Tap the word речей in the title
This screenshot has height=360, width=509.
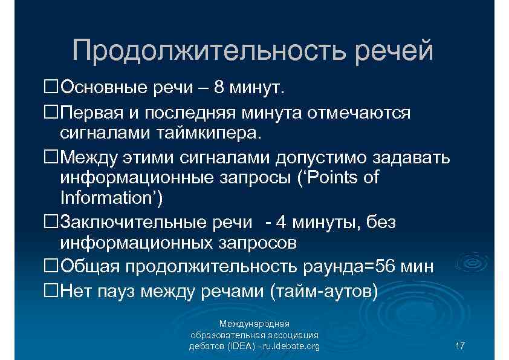coord(394,51)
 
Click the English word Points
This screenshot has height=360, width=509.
coord(328,178)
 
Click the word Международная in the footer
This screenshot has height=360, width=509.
coord(254,324)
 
